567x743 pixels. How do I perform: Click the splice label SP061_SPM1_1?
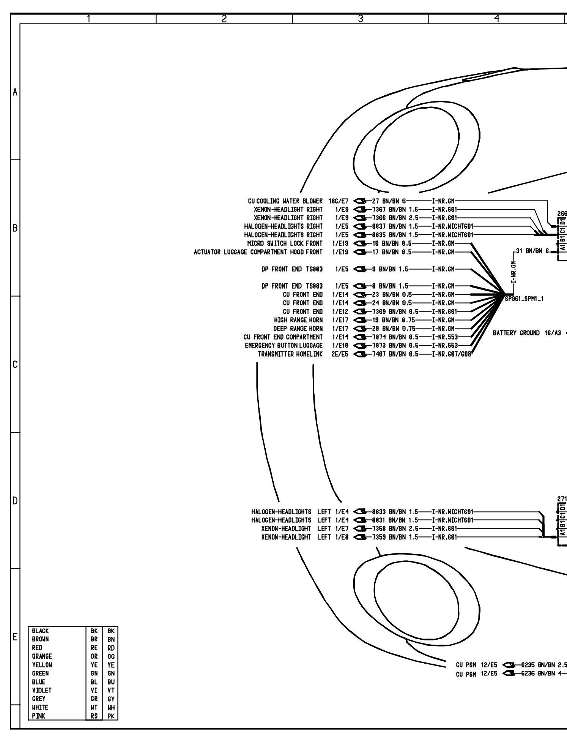tap(524, 299)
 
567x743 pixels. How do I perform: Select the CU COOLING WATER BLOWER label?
tap(285, 201)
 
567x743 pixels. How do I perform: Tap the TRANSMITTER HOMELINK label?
tap(290, 354)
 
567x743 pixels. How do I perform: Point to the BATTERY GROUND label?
tap(516, 333)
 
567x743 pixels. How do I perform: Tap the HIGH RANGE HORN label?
tap(298, 320)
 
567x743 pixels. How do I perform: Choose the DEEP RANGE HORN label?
tap(298, 329)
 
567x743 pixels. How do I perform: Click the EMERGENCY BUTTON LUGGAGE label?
tap(283, 345)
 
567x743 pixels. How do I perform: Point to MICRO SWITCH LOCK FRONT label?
tap(285, 243)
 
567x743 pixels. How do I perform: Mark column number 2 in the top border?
tap(224, 18)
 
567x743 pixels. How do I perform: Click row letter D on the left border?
tap(15, 501)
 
